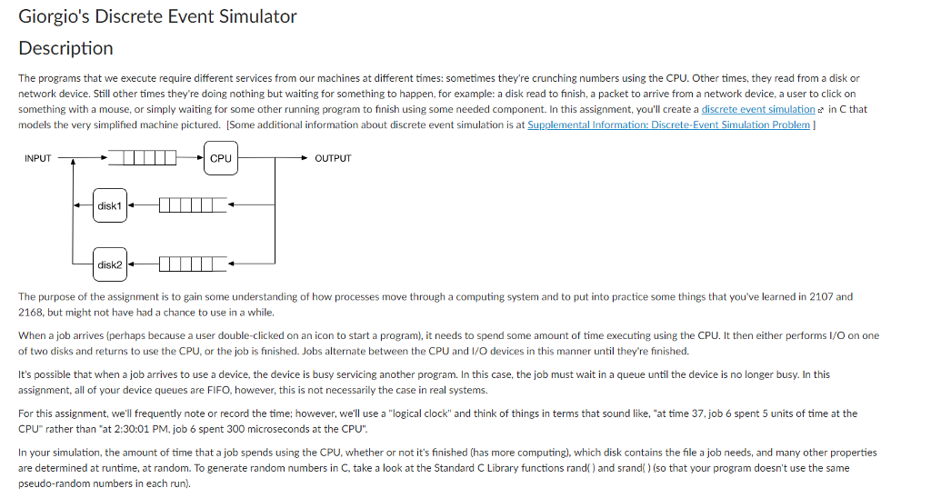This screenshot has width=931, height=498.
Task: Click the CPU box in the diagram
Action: click(220, 157)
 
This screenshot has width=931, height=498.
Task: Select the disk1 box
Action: click(110, 206)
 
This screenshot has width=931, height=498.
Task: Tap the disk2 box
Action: click(110, 264)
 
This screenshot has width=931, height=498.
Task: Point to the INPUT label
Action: click(38, 158)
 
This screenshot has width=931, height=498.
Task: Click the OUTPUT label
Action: click(333, 158)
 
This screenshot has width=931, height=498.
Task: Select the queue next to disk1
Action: click(192, 206)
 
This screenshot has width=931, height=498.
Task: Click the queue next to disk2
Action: click(192, 264)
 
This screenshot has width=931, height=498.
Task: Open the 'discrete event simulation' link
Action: click(758, 109)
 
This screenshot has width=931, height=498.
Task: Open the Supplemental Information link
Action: click(668, 124)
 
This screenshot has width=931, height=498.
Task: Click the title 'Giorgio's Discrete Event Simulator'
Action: click(157, 16)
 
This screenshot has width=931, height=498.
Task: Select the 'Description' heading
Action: click(65, 48)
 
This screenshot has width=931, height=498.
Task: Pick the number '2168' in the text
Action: click(30, 312)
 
